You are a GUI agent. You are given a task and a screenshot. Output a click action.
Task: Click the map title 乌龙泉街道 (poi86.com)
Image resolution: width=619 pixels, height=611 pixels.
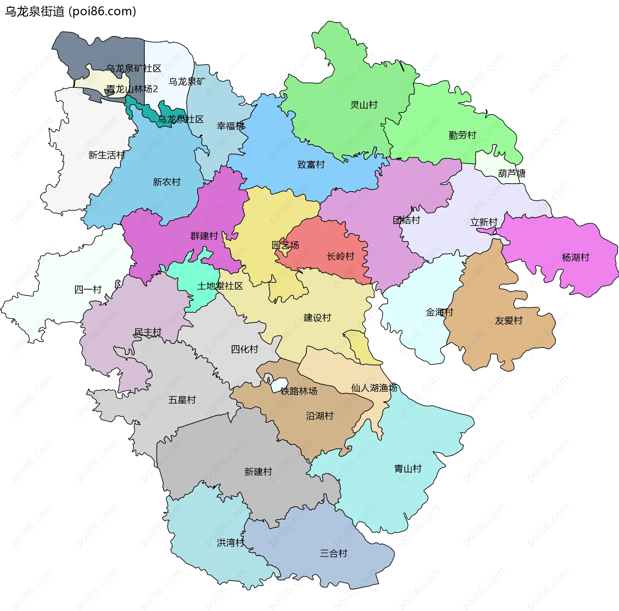tap(70, 11)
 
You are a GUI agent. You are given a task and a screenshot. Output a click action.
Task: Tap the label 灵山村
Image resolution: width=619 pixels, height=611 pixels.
tap(364, 105)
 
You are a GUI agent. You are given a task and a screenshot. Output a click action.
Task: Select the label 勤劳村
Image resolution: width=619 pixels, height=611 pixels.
tap(462, 135)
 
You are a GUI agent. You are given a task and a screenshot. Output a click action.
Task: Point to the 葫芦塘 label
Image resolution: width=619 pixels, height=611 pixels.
tap(512, 174)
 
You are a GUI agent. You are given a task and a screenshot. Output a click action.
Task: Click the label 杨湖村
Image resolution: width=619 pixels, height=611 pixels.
tap(575, 257)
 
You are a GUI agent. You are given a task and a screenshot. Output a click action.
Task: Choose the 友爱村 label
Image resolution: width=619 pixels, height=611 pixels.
tap(508, 321)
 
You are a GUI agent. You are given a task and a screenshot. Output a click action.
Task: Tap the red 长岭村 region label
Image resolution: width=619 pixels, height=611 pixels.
tap(340, 257)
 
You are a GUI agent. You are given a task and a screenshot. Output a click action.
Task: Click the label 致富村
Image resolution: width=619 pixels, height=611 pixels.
tap(311, 165)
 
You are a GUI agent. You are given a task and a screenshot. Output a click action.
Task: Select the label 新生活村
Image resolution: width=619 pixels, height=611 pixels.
tap(106, 155)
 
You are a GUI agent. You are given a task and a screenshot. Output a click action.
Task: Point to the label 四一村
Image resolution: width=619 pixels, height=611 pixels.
tap(88, 290)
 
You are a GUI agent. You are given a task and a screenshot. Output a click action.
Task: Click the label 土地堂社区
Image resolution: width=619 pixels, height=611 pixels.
tap(220, 286)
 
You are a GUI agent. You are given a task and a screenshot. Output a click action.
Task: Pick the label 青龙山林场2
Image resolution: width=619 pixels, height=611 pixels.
tap(132, 89)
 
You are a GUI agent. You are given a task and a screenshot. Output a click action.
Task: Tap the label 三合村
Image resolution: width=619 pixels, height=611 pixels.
tap(333, 553)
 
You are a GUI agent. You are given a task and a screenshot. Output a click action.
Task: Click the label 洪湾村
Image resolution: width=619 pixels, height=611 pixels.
tap(230, 543)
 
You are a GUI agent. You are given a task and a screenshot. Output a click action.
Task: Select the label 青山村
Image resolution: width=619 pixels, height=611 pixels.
tap(408, 469)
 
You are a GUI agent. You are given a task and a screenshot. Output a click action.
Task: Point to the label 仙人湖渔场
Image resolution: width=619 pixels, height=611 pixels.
tap(374, 388)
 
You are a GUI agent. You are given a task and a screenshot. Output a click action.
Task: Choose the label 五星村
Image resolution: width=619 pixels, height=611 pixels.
tap(182, 400)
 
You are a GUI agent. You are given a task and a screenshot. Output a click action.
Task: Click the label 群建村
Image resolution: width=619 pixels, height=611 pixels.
tap(204, 236)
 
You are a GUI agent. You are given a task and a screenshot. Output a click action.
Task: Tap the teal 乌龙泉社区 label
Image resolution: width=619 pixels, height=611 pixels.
tap(181, 120)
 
